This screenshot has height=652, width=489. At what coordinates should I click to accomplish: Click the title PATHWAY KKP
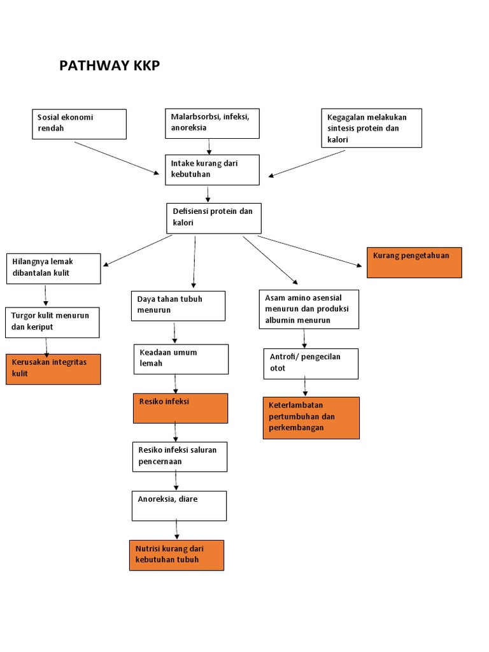coord(110,66)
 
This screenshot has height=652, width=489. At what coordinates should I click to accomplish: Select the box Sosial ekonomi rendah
coord(79,124)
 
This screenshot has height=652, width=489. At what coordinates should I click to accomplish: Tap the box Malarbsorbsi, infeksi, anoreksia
coord(212,123)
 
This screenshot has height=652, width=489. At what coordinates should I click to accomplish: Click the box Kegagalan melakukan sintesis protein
coord(371,128)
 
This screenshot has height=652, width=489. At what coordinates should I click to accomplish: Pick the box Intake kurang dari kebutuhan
coord(212,169)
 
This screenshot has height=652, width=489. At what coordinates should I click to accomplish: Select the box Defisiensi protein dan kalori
coord(214,218)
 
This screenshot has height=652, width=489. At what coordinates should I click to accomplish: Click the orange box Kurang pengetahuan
coord(414,262)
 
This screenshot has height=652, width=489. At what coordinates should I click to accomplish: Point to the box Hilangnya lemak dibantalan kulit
coord(53,268)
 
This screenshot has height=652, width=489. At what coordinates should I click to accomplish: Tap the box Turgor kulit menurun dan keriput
coord(52,322)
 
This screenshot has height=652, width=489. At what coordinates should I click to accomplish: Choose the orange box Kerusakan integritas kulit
coord(53,369)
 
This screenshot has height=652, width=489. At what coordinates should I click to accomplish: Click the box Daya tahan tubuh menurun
coord(179,306)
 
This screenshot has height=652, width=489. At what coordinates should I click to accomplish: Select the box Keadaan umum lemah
coord(181,359)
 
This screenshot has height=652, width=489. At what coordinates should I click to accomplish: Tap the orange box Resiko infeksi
coord(180,408)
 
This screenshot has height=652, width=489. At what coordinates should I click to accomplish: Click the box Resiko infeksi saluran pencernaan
coord(180,457)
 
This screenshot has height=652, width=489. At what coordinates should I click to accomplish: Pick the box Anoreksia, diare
coord(179,506)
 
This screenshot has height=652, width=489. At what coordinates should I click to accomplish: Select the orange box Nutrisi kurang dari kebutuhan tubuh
coord(176,555)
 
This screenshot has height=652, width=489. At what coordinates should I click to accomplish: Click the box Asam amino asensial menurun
coord(309,309)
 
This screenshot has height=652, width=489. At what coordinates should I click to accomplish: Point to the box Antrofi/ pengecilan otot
coord(311,364)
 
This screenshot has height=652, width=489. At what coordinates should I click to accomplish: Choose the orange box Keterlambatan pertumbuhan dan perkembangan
coord(311,418)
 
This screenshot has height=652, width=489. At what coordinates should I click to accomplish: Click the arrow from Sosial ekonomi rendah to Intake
coord(117,157)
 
